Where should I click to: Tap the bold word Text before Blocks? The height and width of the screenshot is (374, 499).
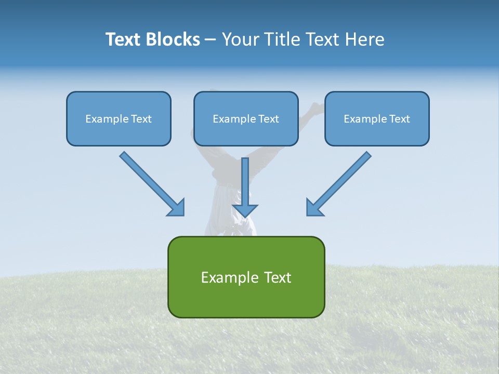[x=125, y=39]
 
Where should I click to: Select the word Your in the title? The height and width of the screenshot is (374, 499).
[x=240, y=39]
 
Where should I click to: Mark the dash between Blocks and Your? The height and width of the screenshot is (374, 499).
[x=211, y=40]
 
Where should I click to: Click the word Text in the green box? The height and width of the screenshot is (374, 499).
[x=278, y=277]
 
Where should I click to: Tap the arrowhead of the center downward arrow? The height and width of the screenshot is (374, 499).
[x=245, y=210]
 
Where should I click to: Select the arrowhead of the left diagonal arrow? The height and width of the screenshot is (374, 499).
[x=177, y=208]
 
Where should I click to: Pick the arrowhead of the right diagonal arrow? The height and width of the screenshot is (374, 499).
[x=314, y=208]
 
